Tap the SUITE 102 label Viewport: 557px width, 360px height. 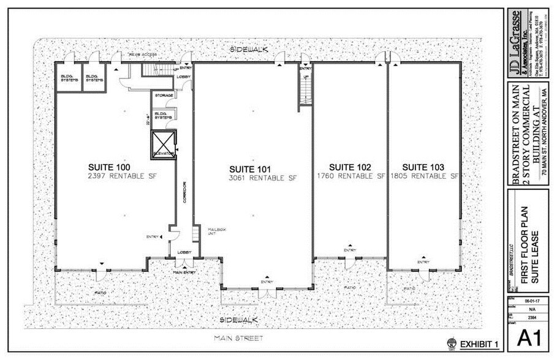tap(350, 167)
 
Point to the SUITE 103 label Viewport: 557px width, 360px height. tap(423, 167)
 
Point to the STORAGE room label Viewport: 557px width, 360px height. tap(163, 96)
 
